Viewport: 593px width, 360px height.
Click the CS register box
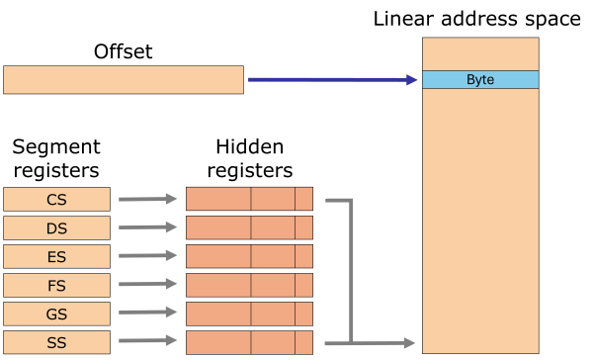coord(56,200)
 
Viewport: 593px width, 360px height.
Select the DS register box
coord(56,228)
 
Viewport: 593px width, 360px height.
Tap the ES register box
coord(56,257)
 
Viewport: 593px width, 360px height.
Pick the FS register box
coord(56,286)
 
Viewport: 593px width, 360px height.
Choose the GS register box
coord(56,315)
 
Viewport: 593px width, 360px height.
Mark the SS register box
coord(56,343)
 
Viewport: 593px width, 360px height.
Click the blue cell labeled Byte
coord(480,80)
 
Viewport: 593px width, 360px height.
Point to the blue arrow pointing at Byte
coord(331,80)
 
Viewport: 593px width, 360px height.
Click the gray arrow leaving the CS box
coord(147,200)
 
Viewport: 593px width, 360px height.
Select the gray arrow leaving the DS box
coord(147,228)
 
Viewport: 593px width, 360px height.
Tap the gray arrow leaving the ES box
coord(147,257)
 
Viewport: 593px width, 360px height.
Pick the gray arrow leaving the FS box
coord(147,286)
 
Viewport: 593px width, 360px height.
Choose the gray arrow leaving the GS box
coord(147,315)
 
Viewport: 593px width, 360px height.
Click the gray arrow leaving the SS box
coord(147,343)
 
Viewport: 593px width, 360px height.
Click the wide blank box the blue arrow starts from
coord(124,80)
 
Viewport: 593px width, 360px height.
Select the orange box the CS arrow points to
coord(249,199)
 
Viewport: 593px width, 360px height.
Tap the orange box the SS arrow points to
coord(249,342)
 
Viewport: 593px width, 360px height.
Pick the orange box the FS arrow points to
coord(249,285)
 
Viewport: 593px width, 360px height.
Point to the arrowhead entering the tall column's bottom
coord(409,343)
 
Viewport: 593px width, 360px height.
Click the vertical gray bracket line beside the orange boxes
coord(351,272)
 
